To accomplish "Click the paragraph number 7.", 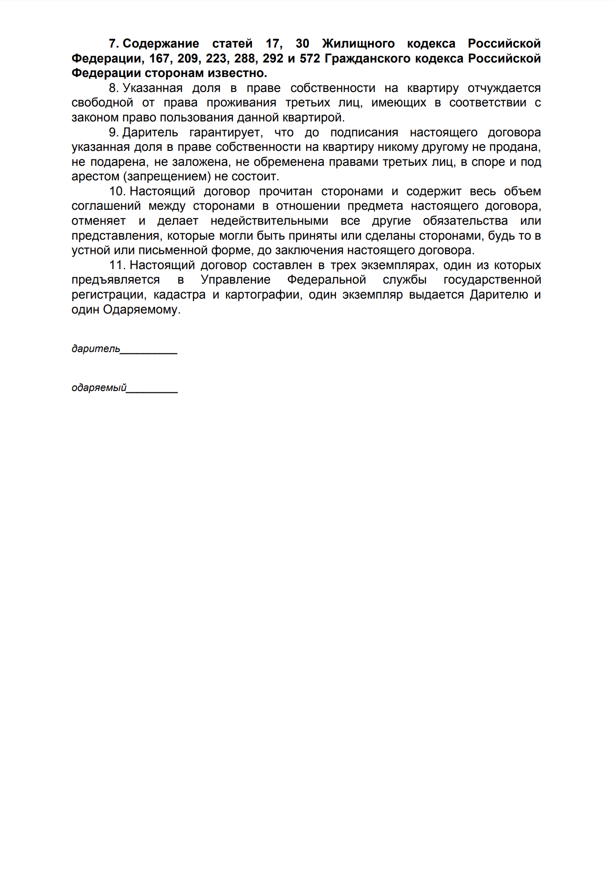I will tap(113, 43).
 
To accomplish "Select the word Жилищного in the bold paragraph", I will tap(358, 43).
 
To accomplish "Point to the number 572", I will tap(310, 58).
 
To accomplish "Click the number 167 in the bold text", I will tap(159, 58).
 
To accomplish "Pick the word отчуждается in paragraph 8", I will tap(504, 88).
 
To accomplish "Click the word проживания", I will tap(242, 103).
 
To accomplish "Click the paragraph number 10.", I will tap(117, 191).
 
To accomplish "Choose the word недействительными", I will tap(269, 221).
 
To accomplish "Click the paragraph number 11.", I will tap(117, 265).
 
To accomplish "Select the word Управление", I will tap(236, 280).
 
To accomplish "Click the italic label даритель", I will tap(96, 349).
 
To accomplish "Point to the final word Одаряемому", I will tap(142, 310).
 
